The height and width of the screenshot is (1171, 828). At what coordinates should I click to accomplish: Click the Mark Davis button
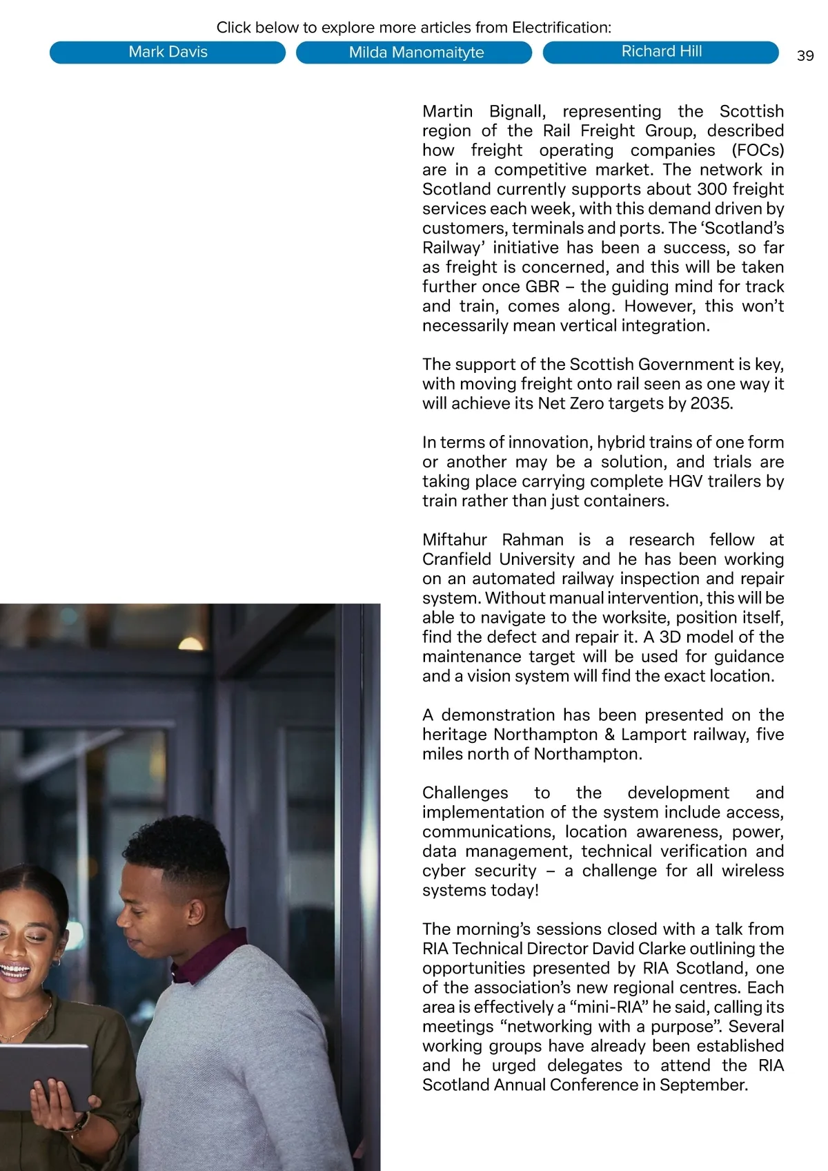click(x=168, y=52)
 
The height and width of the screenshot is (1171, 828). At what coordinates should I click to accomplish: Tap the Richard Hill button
click(x=661, y=52)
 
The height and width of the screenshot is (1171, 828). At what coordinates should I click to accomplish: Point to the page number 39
click(x=805, y=56)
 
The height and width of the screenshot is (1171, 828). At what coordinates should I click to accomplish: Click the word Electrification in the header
click(x=560, y=28)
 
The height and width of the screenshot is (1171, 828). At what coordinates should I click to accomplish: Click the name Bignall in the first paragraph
click(x=517, y=112)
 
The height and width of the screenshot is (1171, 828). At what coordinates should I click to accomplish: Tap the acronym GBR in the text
click(x=542, y=287)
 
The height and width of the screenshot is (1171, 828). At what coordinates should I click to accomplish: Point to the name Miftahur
click(x=455, y=540)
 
